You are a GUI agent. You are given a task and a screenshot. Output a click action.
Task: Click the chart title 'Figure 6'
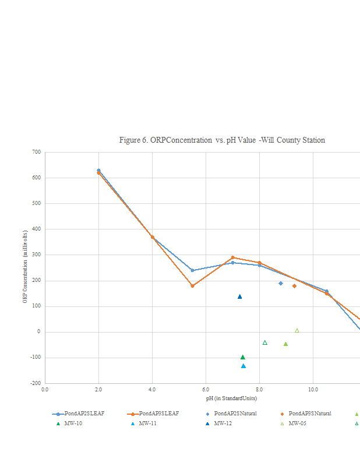(x=222, y=140)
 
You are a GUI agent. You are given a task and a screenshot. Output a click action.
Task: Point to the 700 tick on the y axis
(x=36, y=152)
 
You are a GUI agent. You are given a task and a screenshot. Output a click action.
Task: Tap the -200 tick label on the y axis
(x=36, y=383)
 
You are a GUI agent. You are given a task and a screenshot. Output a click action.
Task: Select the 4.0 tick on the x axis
(x=152, y=389)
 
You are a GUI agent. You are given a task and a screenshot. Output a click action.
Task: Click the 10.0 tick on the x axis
(x=313, y=389)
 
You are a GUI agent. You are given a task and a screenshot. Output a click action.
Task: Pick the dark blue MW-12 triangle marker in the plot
(x=239, y=296)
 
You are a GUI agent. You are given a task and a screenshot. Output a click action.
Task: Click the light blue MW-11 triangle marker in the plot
(x=243, y=366)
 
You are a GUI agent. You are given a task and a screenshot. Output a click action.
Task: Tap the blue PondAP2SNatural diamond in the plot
(x=281, y=283)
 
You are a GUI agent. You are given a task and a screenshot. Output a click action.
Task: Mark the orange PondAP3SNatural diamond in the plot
(x=294, y=286)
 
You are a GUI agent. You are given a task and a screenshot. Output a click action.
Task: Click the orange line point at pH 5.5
(x=192, y=286)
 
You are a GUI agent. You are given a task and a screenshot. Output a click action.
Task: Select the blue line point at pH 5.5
(x=192, y=270)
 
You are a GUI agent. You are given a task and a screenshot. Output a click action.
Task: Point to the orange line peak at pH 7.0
(x=232, y=257)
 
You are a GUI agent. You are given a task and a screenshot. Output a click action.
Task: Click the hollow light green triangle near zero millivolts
(x=297, y=330)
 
